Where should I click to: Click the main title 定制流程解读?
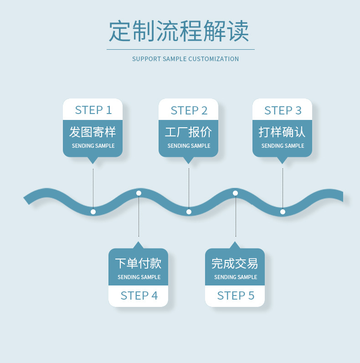pyautogui.click(x=179, y=31)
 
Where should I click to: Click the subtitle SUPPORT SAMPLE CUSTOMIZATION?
pyautogui.click(x=185, y=59)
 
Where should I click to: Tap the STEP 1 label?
pyautogui.click(x=93, y=110)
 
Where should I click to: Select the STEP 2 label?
pyautogui.click(x=189, y=110)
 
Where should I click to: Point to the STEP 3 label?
pyautogui.click(x=283, y=110)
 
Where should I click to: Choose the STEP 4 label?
pyautogui.click(x=139, y=296)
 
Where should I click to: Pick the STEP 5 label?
pyautogui.click(x=236, y=296)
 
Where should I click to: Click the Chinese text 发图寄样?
pyautogui.click(x=93, y=132)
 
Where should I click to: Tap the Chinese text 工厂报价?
pyautogui.click(x=188, y=132)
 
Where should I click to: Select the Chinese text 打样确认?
pyautogui.click(x=282, y=132)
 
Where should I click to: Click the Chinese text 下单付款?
pyautogui.click(x=138, y=263)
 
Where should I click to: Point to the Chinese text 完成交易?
pyautogui.click(x=235, y=263)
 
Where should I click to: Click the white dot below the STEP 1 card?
pyautogui.click(x=93, y=212)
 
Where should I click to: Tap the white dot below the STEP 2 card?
pyautogui.click(x=189, y=212)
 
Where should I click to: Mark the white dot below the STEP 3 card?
pyautogui.click(x=283, y=212)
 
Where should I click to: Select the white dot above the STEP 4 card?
pyautogui.click(x=139, y=193)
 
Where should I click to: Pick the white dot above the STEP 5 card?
pyautogui.click(x=235, y=193)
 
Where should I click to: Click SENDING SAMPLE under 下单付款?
pyautogui.click(x=139, y=277)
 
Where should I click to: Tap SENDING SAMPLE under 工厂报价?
pyautogui.click(x=189, y=146)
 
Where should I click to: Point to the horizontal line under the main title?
pyautogui.click(x=180, y=49)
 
